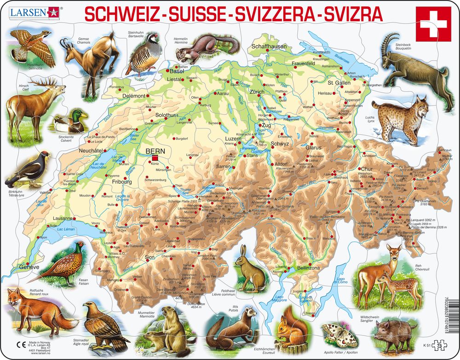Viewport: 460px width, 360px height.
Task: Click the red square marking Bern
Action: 155,159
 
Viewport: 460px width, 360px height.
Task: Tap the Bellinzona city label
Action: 308,268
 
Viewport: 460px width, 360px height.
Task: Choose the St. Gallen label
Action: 339,83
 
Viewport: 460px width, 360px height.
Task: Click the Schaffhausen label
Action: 269,46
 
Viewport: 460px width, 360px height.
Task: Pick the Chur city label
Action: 366,168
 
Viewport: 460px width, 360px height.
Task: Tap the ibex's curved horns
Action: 390,41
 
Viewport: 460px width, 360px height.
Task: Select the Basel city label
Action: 176,72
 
